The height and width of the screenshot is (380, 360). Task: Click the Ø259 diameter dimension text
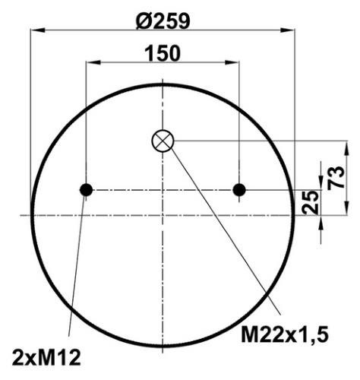[x=163, y=21]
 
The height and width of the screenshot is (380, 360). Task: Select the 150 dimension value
[x=163, y=53]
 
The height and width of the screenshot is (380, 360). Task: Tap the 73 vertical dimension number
[x=336, y=178]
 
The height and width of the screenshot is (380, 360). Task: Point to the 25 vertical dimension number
[x=310, y=202]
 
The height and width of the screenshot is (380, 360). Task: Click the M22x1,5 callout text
[x=285, y=334]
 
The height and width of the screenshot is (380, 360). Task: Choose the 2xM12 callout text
[x=46, y=357]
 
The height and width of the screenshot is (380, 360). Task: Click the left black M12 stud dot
[x=86, y=190]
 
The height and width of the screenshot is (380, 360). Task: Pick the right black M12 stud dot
[x=239, y=190]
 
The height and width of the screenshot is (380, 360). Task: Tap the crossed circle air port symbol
[x=163, y=141]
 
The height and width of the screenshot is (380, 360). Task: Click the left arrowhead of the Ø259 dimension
[x=37, y=30]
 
